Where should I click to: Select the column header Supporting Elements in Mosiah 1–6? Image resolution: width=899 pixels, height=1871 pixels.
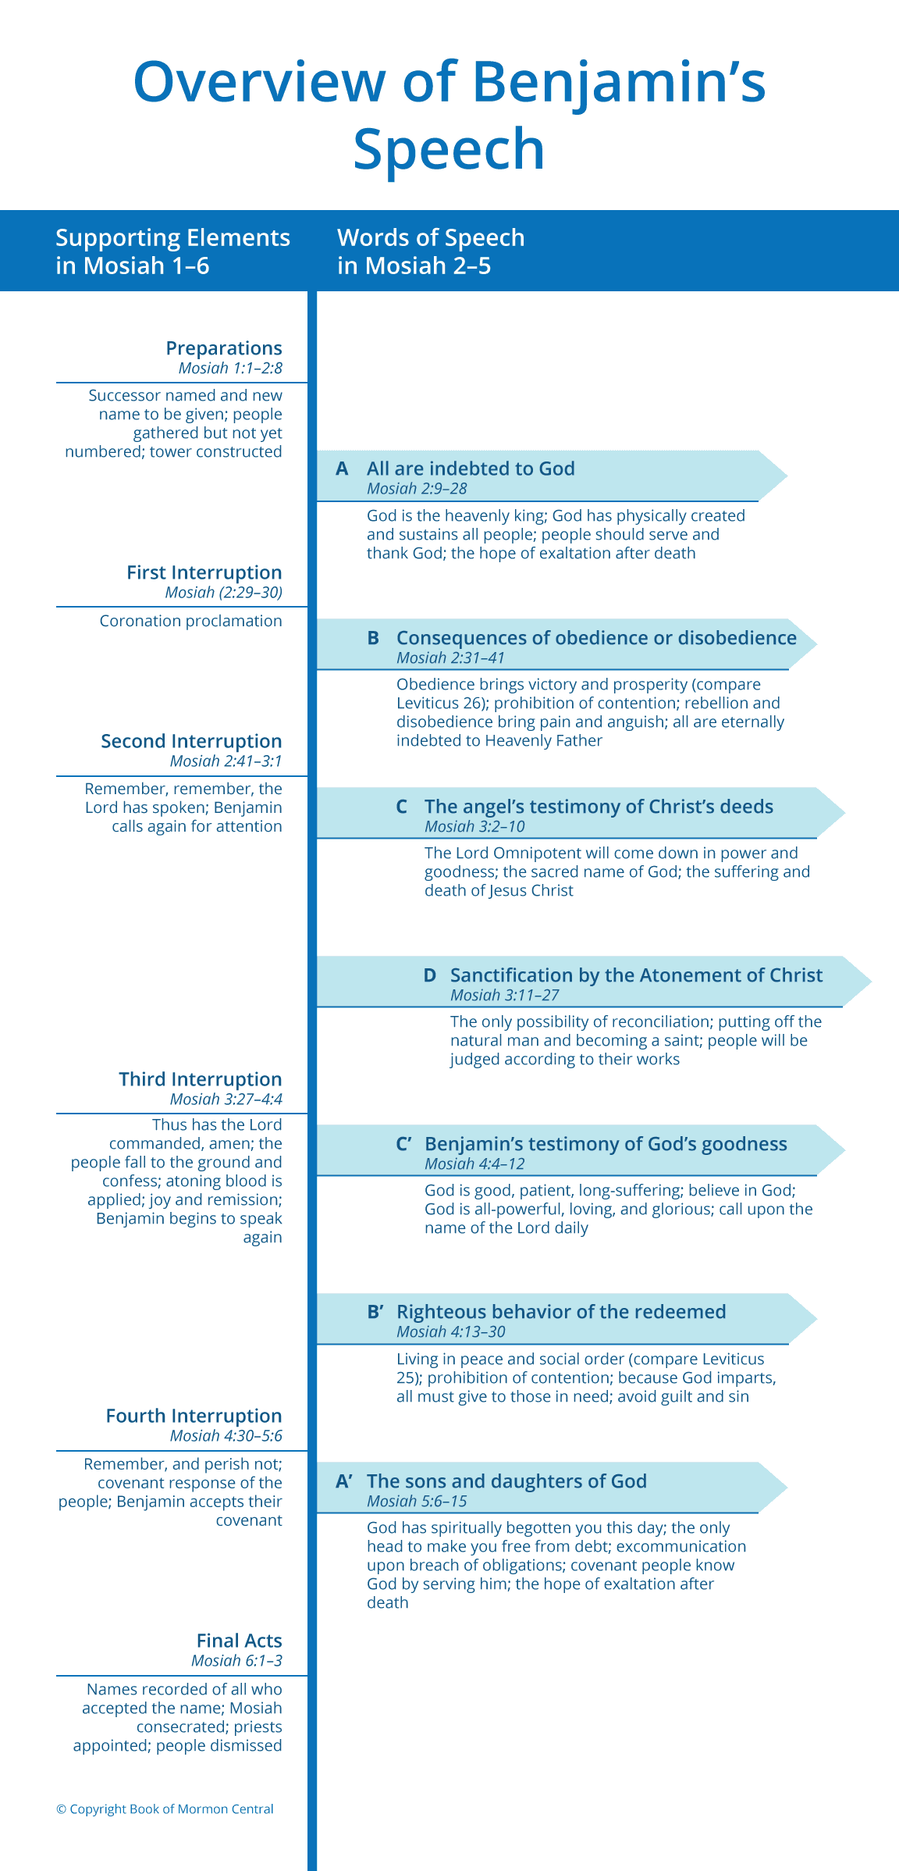pos(172,251)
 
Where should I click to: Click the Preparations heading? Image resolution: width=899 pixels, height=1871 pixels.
pos(224,348)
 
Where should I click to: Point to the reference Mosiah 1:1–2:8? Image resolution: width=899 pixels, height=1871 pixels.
pos(230,368)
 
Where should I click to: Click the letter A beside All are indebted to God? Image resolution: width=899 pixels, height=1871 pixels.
pos(342,469)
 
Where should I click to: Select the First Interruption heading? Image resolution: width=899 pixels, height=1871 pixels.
pos(204,572)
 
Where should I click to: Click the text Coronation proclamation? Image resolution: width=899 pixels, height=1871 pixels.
pos(190,621)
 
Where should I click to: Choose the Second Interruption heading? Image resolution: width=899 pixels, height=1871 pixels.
pos(191,741)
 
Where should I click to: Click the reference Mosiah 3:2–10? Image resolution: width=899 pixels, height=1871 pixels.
pos(474,826)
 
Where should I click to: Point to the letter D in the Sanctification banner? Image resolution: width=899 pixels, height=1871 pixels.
pos(429,975)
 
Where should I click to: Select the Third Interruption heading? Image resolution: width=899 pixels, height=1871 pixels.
pos(201,1079)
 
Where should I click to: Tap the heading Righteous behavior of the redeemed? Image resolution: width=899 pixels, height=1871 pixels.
pos(561,1312)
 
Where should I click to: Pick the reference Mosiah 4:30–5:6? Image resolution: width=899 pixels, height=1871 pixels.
pos(226,1435)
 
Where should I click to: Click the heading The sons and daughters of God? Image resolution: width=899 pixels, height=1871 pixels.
pos(506,1481)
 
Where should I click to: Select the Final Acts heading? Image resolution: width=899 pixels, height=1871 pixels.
pos(239,1641)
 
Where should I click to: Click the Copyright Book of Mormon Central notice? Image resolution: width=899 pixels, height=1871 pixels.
pos(165,1809)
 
